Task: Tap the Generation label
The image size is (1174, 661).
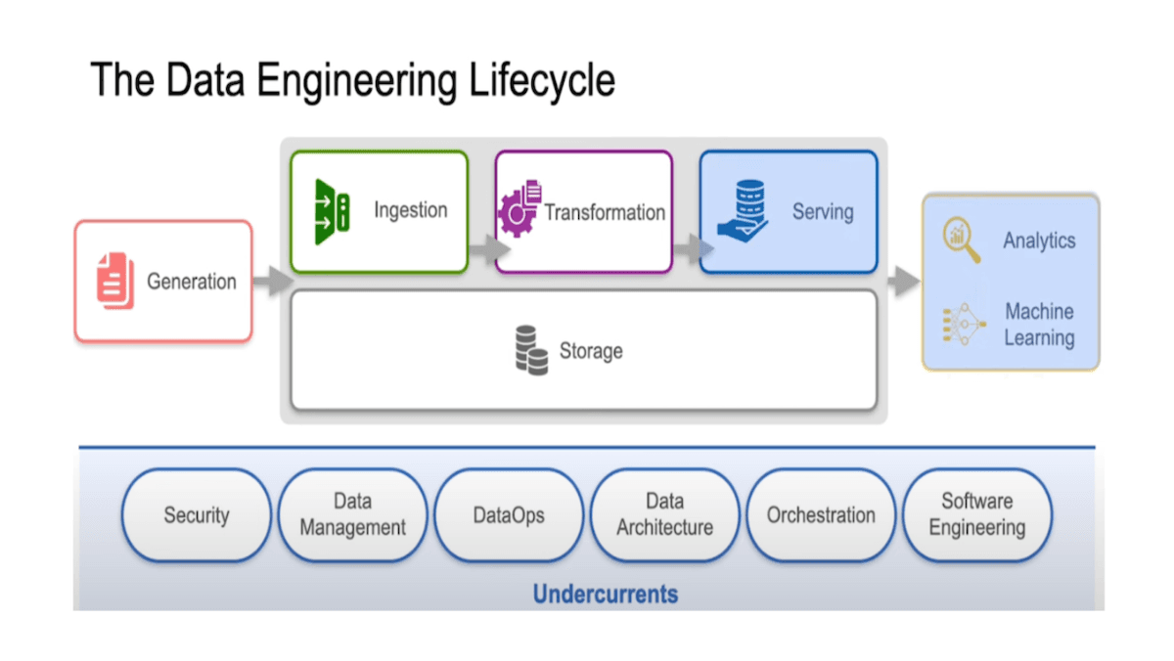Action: click(192, 282)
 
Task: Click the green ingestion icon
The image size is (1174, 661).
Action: click(332, 211)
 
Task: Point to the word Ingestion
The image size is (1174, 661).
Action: click(410, 210)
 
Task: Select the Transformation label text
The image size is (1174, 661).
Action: click(605, 212)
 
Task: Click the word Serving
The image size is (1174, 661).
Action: click(823, 211)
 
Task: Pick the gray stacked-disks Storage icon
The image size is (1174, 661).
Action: click(531, 350)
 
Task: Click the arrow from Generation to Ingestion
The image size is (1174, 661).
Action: click(272, 282)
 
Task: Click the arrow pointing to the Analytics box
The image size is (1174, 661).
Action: click(903, 282)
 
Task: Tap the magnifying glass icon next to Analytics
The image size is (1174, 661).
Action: click(960, 241)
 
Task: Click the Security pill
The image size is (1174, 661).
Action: click(196, 515)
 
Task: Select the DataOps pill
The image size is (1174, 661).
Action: click(508, 515)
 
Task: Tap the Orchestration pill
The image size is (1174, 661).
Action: click(821, 515)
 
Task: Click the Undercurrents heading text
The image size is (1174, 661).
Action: click(605, 594)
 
